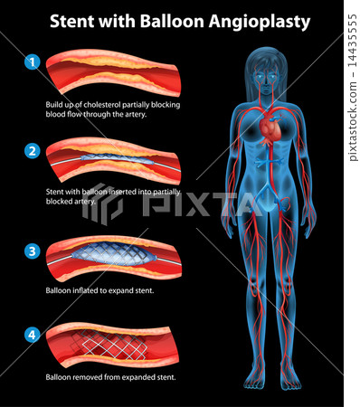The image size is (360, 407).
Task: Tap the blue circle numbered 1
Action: tap(33, 62)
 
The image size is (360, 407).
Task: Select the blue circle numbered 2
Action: tap(33, 150)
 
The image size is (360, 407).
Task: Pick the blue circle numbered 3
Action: tap(33, 250)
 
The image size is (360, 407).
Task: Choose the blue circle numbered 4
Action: tap(33, 336)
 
